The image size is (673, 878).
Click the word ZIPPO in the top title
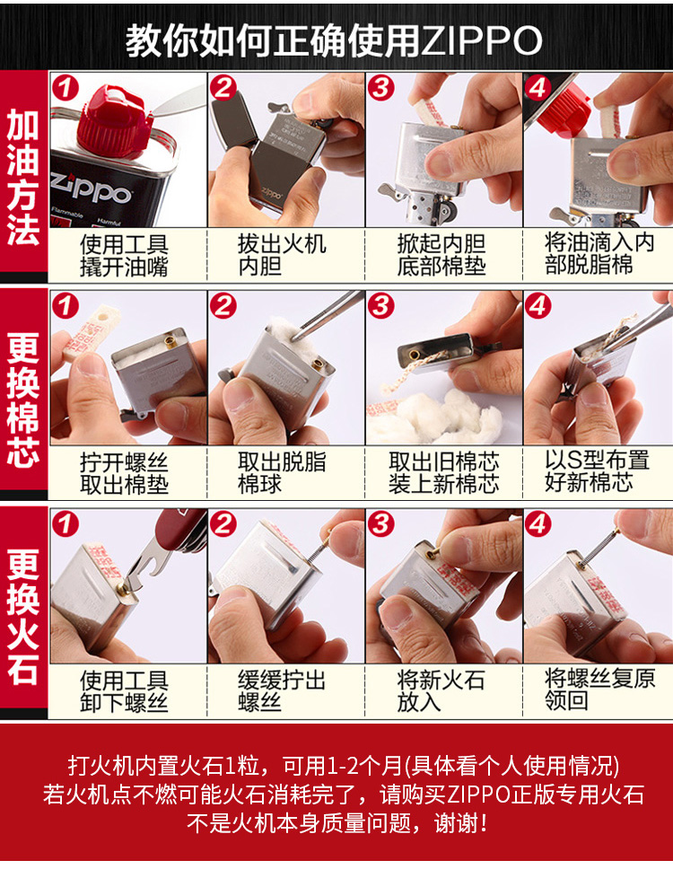[x=481, y=40]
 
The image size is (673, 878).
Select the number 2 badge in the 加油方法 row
[x=223, y=88]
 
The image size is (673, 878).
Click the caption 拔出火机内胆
[x=282, y=255]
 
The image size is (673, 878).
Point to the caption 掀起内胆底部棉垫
[x=441, y=255]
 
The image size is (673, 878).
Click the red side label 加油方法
[x=23, y=177]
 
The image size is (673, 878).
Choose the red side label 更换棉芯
[x=23, y=399]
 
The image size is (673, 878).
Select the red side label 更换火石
[x=23, y=616]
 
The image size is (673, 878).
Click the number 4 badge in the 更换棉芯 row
[x=538, y=306]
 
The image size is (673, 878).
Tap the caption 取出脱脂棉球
[x=282, y=473]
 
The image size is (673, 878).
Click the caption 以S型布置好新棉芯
[x=597, y=471]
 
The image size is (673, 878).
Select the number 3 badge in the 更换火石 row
[x=381, y=524]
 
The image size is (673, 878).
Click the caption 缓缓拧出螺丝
[x=282, y=691]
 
